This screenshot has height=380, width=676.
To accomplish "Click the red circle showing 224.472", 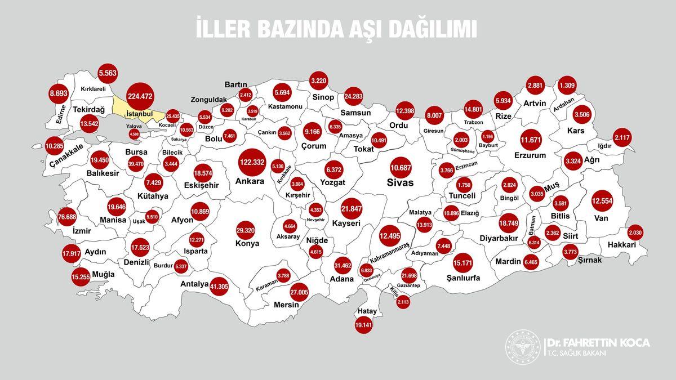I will tap(140, 97).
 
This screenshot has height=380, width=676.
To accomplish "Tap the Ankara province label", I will tap(250, 182).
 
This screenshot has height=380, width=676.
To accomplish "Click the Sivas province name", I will tap(400, 182).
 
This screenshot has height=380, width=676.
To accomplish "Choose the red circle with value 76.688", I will tap(67, 217).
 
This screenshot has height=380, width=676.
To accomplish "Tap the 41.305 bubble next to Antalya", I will tap(219, 286).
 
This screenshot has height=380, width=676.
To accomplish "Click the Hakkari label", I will tap(622, 245).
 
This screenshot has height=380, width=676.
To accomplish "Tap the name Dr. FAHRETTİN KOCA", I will tap(598, 343).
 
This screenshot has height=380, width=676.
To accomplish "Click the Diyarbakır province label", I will tap(482, 238).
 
